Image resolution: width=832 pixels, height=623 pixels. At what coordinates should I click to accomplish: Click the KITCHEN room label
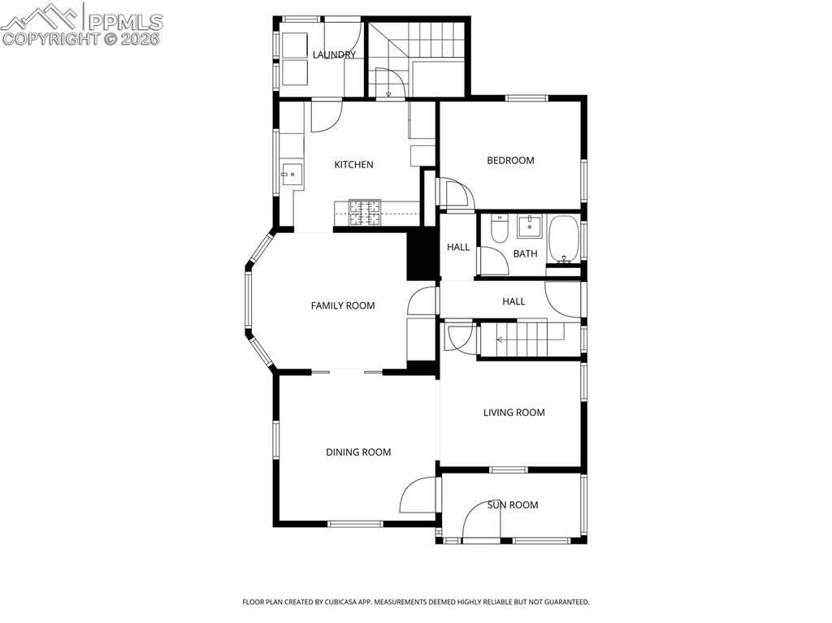tap(353, 165)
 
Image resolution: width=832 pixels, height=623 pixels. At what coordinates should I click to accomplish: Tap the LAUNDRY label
tap(334, 55)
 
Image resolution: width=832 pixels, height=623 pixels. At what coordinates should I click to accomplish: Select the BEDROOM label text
tap(510, 161)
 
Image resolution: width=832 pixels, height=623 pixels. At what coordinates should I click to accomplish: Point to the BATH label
tap(525, 254)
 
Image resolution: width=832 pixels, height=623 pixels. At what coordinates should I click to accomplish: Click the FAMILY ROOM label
tap(343, 306)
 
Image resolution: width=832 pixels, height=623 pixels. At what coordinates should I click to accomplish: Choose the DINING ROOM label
tap(358, 452)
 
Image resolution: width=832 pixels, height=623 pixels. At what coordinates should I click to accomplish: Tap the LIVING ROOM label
tap(513, 413)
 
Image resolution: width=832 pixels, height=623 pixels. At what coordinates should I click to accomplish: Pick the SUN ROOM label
tap(513, 505)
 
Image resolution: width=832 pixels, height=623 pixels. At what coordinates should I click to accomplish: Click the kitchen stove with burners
tap(364, 213)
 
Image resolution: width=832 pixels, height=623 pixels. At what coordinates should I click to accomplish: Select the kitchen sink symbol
tap(290, 173)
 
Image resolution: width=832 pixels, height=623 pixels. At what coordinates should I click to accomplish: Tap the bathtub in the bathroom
tap(562, 238)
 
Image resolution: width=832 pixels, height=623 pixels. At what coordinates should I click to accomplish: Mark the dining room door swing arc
tap(418, 495)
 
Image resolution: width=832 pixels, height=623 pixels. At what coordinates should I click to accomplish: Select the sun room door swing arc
tap(481, 524)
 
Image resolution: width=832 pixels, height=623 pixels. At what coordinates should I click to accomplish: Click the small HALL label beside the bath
tap(458, 247)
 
